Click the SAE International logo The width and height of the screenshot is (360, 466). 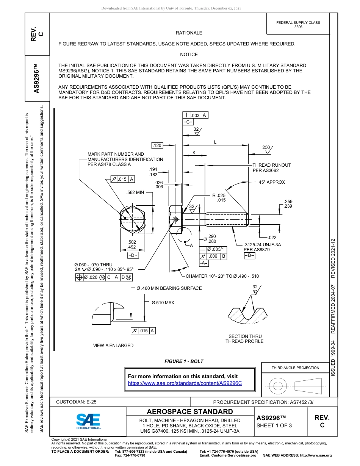(88, 421)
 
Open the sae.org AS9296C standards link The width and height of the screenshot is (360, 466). (185, 383)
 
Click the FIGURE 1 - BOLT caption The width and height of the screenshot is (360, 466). (184, 361)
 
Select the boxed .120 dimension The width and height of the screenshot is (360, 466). (157, 145)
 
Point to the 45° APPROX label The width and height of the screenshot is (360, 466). (272, 182)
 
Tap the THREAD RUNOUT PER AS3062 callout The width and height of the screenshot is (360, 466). (271, 168)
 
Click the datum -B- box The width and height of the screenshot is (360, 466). (249, 255)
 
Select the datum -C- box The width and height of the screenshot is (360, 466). (188, 122)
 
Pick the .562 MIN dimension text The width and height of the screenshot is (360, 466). (135, 192)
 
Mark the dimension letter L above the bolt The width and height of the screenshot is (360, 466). (215, 142)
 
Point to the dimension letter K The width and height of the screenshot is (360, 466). (194, 152)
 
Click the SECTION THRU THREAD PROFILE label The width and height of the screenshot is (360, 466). (244, 339)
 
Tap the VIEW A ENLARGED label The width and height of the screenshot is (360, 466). (113, 346)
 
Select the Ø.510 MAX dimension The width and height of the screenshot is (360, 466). (163, 303)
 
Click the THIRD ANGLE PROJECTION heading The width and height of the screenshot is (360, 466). (295, 367)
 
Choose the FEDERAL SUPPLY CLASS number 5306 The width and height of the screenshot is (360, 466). (298, 27)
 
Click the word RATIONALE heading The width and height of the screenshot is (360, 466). (189, 33)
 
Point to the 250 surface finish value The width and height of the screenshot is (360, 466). (266, 147)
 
